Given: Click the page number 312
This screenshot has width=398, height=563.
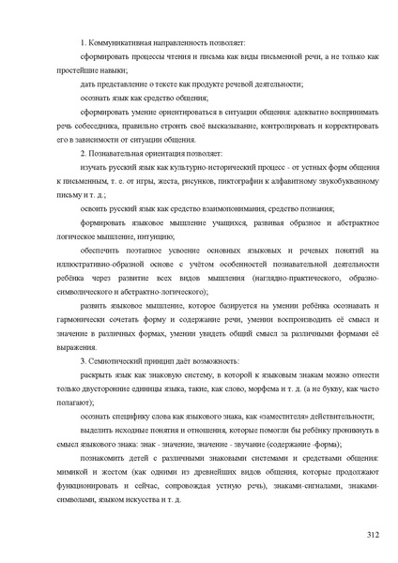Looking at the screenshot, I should coord(372,534).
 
